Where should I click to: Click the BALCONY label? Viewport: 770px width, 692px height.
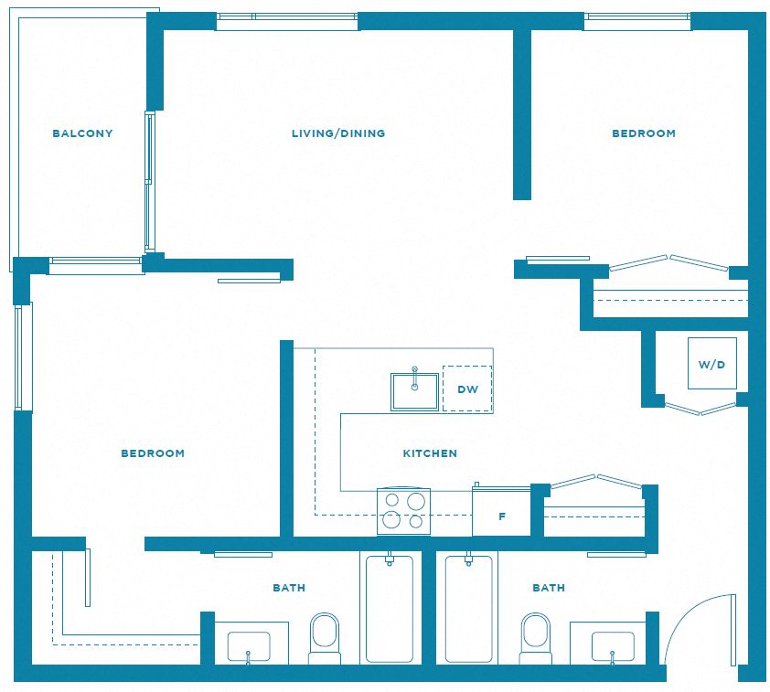[82, 133]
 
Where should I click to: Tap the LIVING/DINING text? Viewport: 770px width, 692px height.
[338, 133]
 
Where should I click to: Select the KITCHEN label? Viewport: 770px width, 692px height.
[430, 453]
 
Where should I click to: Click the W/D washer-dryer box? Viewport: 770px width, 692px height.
[712, 363]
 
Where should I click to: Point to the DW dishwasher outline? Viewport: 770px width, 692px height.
[467, 389]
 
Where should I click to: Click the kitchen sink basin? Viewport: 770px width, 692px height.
[414, 391]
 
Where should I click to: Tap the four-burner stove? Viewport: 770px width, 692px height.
[403, 511]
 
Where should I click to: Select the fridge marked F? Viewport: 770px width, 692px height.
[501, 511]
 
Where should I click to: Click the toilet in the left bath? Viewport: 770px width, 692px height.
[325, 638]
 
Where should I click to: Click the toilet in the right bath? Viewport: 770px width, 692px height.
[535, 638]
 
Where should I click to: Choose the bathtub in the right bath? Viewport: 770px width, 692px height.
[468, 608]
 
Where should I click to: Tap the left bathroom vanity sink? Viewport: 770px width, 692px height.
[249, 646]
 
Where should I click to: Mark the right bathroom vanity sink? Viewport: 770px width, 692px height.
[613, 646]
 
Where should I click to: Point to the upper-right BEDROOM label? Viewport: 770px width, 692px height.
[644, 133]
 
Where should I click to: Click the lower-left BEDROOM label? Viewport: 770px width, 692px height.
[153, 453]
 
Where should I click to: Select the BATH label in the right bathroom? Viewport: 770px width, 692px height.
[549, 588]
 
